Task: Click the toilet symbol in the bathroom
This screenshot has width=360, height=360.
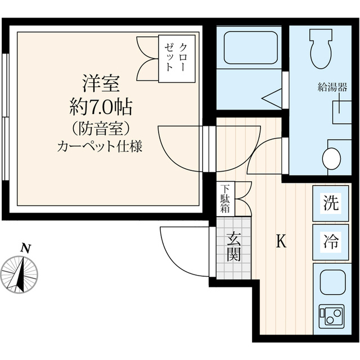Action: [x=322, y=48]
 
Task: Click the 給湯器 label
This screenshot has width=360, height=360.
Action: [x=332, y=87]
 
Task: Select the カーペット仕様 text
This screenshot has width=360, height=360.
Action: [x=100, y=147]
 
